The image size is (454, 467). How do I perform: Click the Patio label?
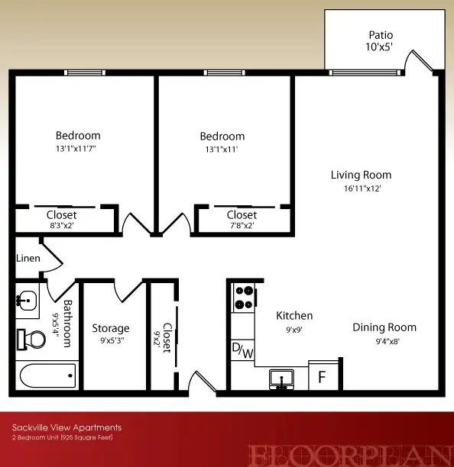pos(381,35)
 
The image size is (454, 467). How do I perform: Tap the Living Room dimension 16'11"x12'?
pos(362,188)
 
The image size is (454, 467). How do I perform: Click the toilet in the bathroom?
pos(31,340)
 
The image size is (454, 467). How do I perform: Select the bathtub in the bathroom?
pos(47,375)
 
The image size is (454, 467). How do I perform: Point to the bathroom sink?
pos(27,301)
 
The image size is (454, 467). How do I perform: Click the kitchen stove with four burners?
pos(245,298)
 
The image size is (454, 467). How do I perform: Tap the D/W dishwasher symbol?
pos(242,350)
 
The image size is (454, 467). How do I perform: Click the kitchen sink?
pos(281,379)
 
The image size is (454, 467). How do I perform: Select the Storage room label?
pos(111,328)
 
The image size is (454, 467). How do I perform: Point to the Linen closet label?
pos(28,258)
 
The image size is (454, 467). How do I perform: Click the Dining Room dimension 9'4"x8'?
pos(388,341)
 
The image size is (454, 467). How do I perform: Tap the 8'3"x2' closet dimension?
pos(62,225)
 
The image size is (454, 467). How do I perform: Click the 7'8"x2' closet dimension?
pos(242,225)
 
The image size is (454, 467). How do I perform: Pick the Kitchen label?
pos(294,316)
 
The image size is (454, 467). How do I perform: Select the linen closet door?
pos(51,257)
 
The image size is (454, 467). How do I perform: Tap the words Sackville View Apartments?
pos(66,427)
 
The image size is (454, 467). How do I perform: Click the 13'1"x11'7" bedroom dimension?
pos(76,148)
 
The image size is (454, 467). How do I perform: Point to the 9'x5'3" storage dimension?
pos(112,340)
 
